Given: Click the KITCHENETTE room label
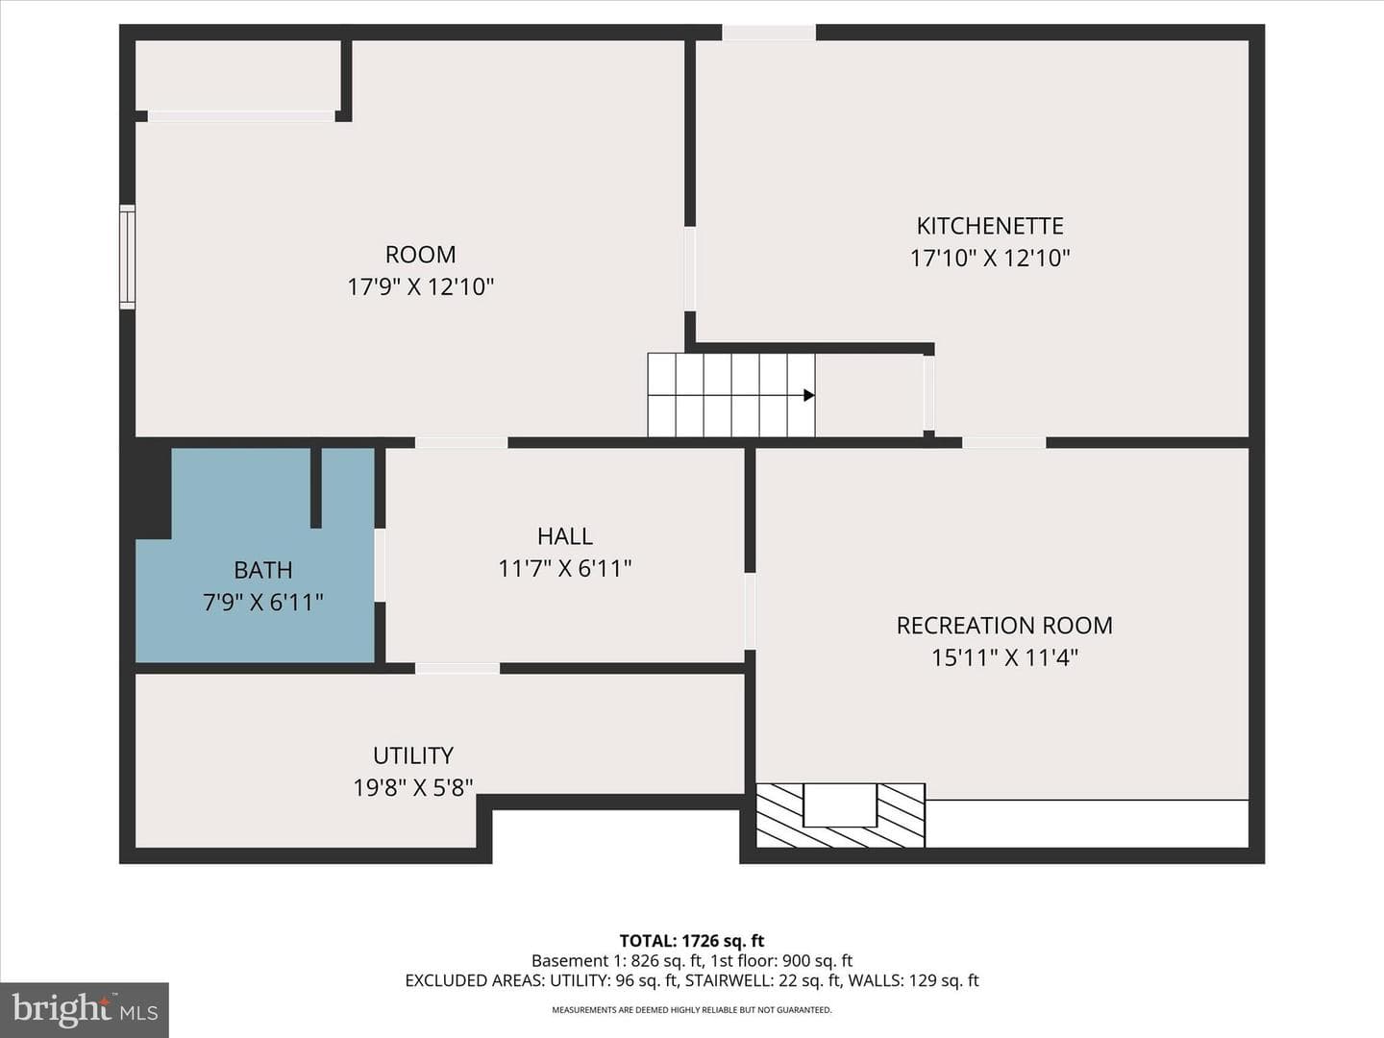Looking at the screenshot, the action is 989,226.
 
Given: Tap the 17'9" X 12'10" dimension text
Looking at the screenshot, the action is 421,287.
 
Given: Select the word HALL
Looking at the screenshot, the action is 565,536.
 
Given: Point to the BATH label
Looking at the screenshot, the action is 263,570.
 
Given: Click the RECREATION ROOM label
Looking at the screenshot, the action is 1004,625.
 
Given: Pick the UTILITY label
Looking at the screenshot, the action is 413,755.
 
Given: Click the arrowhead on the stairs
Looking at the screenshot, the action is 809,395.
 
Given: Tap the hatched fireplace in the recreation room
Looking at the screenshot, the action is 840,816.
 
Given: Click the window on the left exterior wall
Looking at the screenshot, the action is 128,257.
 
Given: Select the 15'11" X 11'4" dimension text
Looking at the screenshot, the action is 1004,658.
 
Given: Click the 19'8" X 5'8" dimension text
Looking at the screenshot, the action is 413,788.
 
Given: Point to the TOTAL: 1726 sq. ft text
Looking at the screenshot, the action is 692,940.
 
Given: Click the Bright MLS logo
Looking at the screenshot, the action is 85,1009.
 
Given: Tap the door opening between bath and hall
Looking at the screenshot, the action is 381,565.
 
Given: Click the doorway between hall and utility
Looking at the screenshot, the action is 457,668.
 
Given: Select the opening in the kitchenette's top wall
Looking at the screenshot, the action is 769,33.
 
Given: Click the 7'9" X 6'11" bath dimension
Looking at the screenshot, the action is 263,603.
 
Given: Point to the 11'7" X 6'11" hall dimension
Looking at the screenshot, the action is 565,569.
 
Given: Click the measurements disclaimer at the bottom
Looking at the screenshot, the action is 692,1009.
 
